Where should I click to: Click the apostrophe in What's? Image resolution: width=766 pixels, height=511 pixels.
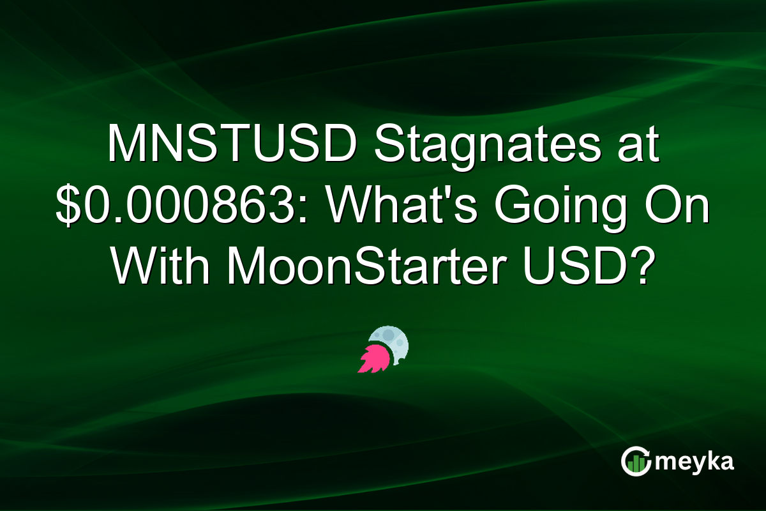click(445, 195)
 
